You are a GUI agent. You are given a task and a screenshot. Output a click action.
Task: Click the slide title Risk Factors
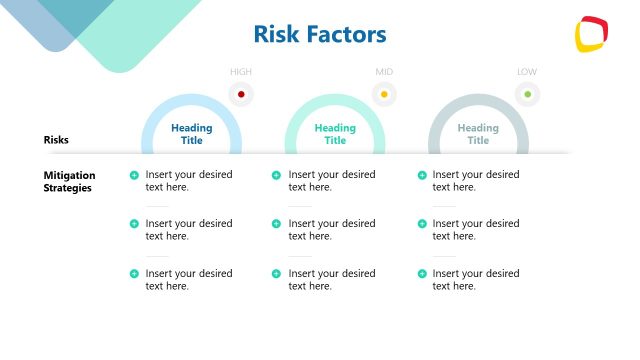pyautogui.click(x=320, y=35)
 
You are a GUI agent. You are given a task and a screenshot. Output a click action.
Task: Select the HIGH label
pyautogui.click(x=241, y=72)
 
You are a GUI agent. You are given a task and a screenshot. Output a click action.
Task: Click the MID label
pyautogui.click(x=384, y=72)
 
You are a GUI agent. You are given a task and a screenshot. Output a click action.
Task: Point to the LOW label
pyautogui.click(x=527, y=72)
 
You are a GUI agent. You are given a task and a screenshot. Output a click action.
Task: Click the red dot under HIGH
pyautogui.click(x=241, y=95)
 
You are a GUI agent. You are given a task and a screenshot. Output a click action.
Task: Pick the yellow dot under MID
pyautogui.click(x=384, y=95)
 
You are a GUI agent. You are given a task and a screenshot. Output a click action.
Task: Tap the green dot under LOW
pyautogui.click(x=527, y=95)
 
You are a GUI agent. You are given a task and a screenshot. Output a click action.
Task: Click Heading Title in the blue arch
pyautogui.click(x=192, y=134)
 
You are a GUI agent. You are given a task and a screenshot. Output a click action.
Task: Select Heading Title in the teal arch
pyautogui.click(x=335, y=134)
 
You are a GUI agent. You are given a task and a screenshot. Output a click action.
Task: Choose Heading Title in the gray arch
pyautogui.click(x=478, y=134)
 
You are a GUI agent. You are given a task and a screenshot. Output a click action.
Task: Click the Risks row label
pyautogui.click(x=56, y=140)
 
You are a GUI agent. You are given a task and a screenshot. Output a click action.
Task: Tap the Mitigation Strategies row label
pyautogui.click(x=68, y=181)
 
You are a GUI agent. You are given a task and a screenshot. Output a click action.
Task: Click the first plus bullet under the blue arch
pyautogui.click(x=134, y=175)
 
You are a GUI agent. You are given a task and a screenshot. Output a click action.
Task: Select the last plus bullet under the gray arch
pyautogui.click(x=421, y=274)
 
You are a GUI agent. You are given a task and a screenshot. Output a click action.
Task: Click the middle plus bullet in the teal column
pyautogui.click(x=277, y=224)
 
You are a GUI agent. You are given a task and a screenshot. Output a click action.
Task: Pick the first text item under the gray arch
pyautogui.click(x=475, y=181)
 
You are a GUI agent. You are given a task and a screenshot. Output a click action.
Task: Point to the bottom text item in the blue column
pyautogui.click(x=188, y=280)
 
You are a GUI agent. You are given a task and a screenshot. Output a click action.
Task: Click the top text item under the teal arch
pyautogui.click(x=332, y=181)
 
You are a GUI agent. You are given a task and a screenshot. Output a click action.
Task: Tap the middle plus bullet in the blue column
pyautogui.click(x=134, y=224)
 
